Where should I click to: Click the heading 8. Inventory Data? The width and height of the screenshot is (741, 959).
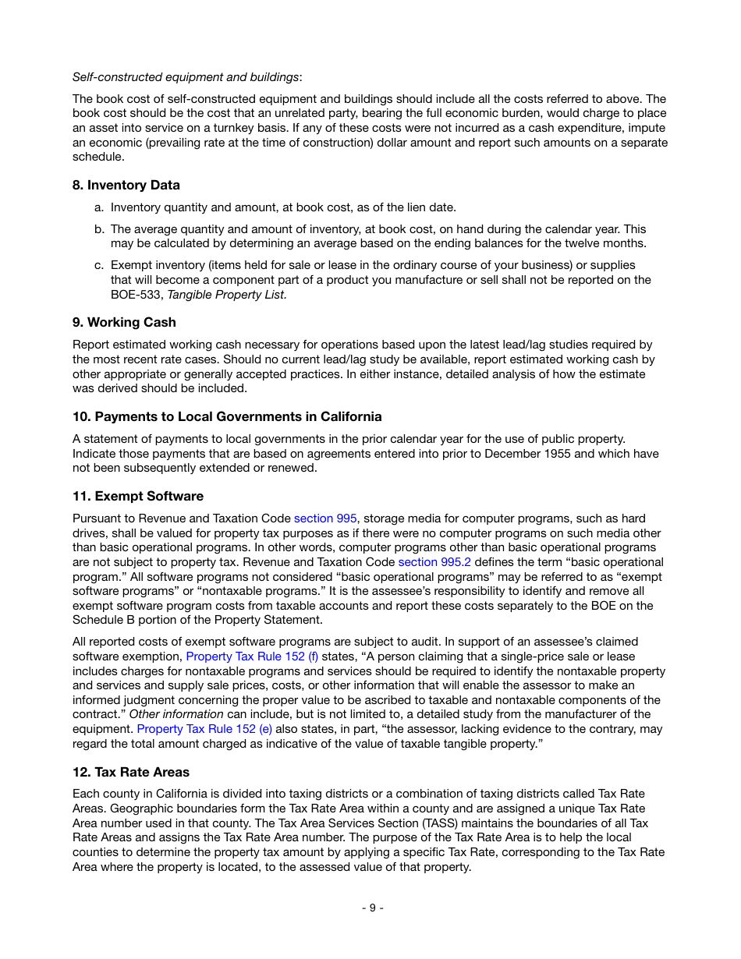click(x=126, y=185)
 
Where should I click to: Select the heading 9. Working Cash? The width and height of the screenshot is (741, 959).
click(x=124, y=322)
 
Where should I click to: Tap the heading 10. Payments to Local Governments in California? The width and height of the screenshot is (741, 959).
click(x=227, y=416)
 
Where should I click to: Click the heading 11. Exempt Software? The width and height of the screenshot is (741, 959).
click(x=138, y=496)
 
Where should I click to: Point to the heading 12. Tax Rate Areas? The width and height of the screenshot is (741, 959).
click(x=131, y=772)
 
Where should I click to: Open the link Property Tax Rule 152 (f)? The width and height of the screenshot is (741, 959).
click(x=252, y=656)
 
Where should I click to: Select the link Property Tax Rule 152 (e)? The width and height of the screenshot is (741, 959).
click(x=204, y=729)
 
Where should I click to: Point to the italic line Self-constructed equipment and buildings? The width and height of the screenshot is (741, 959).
click(x=186, y=77)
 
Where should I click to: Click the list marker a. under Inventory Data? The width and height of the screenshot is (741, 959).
click(x=99, y=207)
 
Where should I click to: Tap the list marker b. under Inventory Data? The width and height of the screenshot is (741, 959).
click(x=99, y=229)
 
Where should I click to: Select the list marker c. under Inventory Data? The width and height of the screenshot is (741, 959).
click(x=99, y=265)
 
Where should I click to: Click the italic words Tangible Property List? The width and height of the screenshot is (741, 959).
click(x=227, y=295)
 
